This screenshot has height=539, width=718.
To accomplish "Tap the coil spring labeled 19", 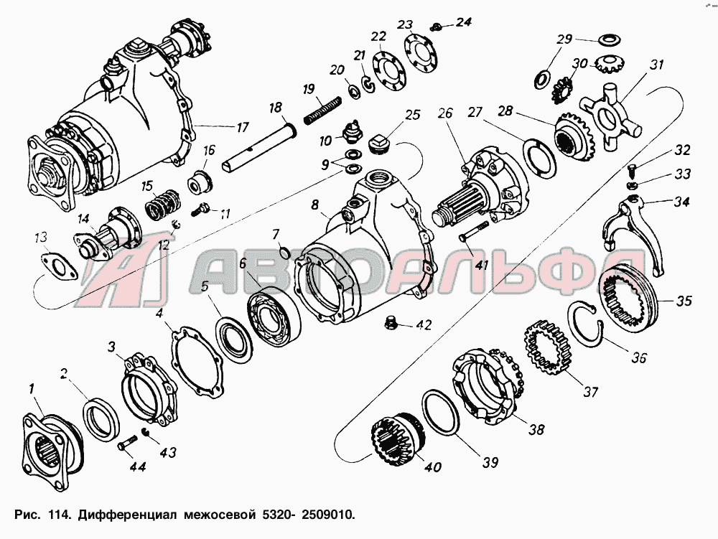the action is [323, 110].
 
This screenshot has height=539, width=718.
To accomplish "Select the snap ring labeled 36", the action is [586, 323].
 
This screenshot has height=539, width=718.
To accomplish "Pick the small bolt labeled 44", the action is [126, 444].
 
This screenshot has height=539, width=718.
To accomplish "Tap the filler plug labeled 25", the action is [378, 144].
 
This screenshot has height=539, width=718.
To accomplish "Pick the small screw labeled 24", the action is [436, 27].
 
